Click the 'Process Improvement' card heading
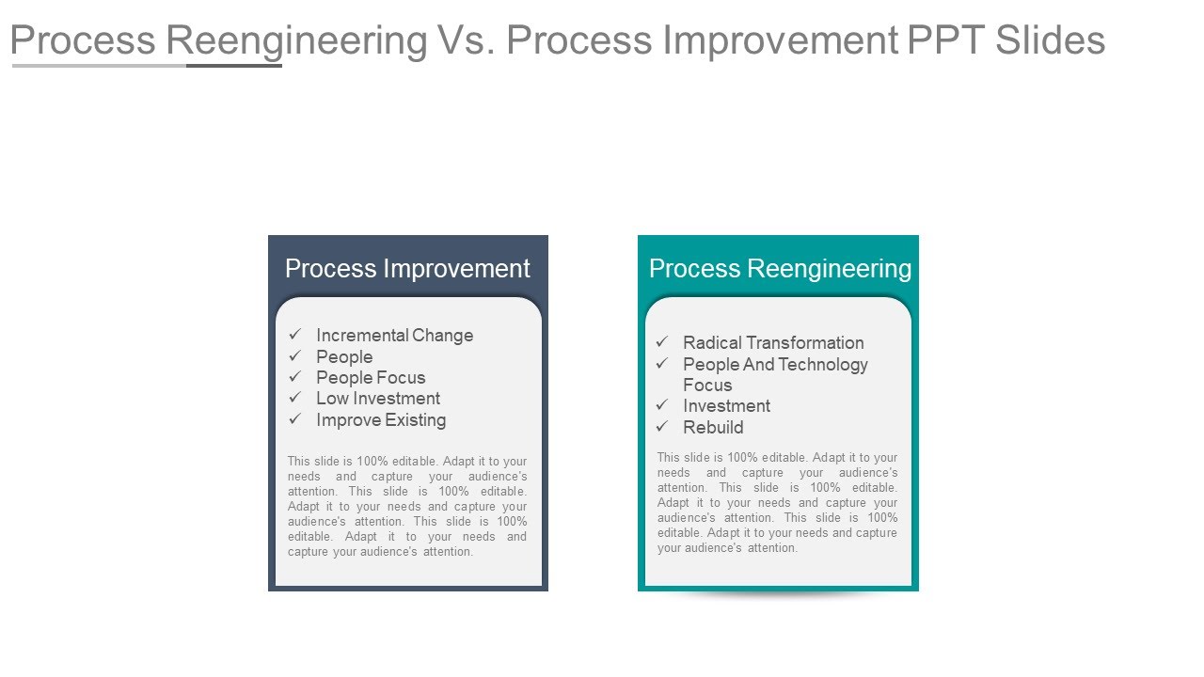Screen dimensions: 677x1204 click(407, 269)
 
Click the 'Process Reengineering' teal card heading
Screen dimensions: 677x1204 click(780, 269)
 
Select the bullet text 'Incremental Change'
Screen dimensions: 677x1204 click(394, 336)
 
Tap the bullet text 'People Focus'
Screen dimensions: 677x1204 click(371, 378)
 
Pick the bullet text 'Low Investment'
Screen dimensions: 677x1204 click(378, 399)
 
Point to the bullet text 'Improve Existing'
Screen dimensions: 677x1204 click(381, 420)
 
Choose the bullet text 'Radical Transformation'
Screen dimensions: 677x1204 click(773, 343)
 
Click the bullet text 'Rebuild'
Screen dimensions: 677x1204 click(713, 428)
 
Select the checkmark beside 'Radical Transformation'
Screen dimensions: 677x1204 click(662, 342)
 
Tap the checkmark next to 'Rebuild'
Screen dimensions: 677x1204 click(662, 427)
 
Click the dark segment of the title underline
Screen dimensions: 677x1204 click(234, 66)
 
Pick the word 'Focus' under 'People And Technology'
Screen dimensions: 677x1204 click(707, 386)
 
